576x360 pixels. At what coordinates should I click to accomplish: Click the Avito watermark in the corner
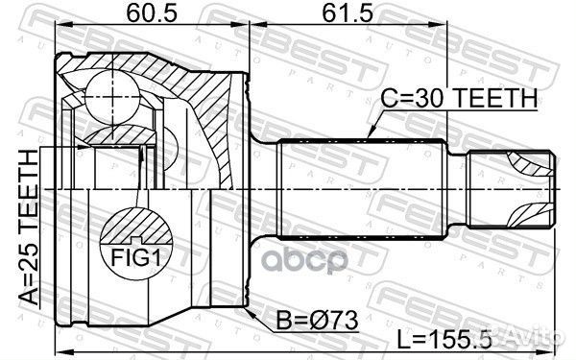(541, 341)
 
